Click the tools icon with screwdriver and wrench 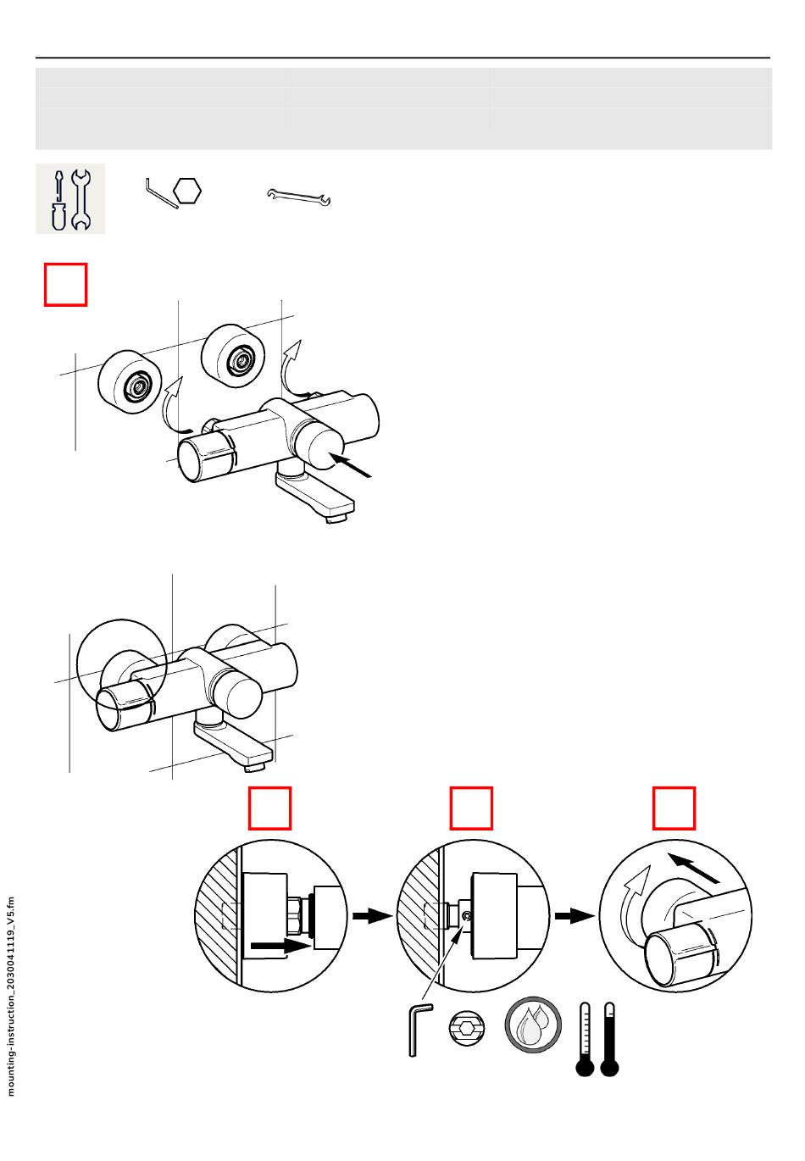[70, 198]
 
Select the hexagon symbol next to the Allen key [187, 192]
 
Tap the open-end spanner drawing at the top [299, 197]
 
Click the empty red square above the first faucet [66, 285]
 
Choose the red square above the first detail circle [270, 808]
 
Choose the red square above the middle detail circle [471, 808]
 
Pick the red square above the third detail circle [674, 808]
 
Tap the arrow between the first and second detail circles [372, 916]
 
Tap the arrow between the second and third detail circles [574, 916]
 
